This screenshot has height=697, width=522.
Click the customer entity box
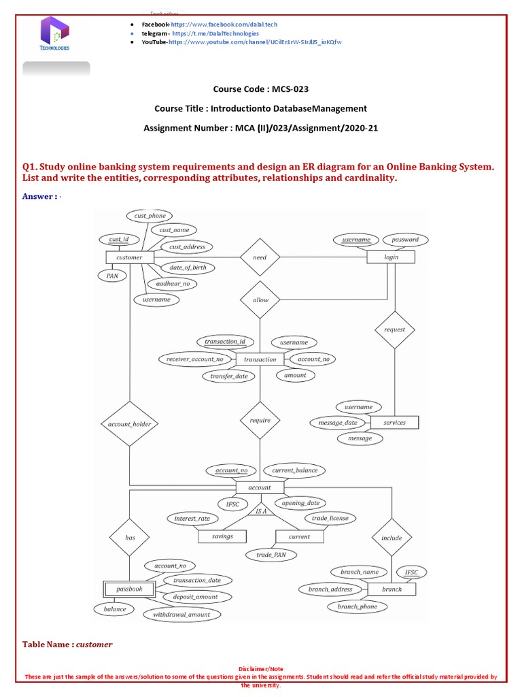pos(129,257)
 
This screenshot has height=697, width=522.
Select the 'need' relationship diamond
pos(260,257)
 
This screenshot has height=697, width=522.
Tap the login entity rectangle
pos(391,257)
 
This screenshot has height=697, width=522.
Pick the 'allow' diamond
pos(260,299)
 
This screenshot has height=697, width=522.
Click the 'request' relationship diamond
pos(394,329)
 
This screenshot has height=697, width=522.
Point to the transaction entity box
pos(260,359)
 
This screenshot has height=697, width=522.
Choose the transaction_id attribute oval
pos(225,342)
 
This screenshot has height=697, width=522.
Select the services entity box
pos(394,423)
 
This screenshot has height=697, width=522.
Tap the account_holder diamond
pos(129,425)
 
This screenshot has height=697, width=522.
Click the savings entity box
pos(222,536)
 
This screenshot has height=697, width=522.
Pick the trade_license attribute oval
pos(330,518)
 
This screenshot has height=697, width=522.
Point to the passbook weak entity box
pos(129,589)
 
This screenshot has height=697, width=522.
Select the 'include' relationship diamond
pos(391,538)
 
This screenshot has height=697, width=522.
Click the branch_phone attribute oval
pos(358,606)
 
